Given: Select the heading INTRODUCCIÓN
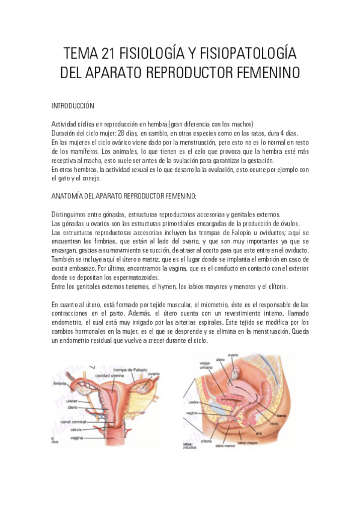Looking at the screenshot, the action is click(73, 106).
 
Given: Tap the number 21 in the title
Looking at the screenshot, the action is click(111, 54).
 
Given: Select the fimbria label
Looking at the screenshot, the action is click(59, 382).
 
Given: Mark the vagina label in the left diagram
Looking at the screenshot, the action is click(76, 438).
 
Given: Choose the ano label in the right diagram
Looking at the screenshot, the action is click(258, 432).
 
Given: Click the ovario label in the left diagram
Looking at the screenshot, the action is click(153, 374).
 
